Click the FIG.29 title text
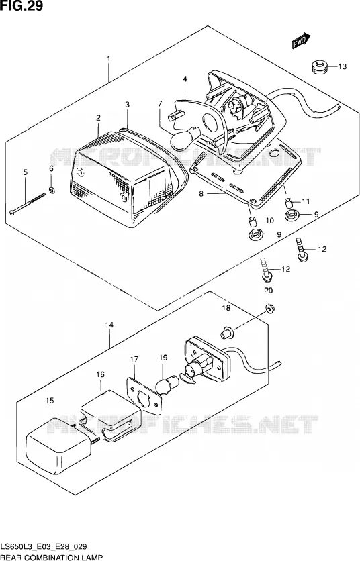[21, 6]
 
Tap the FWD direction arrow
[301, 41]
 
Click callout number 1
[109, 58]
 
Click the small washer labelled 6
[52, 190]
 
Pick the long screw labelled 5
[28, 204]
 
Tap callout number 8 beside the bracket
[201, 193]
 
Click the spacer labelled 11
[289, 202]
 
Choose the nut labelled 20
[269, 308]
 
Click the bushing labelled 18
[226, 332]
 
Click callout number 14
[109, 325]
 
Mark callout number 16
[100, 374]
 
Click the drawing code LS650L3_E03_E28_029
[44, 546]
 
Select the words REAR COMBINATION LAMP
[52, 557]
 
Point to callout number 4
[185, 79]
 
